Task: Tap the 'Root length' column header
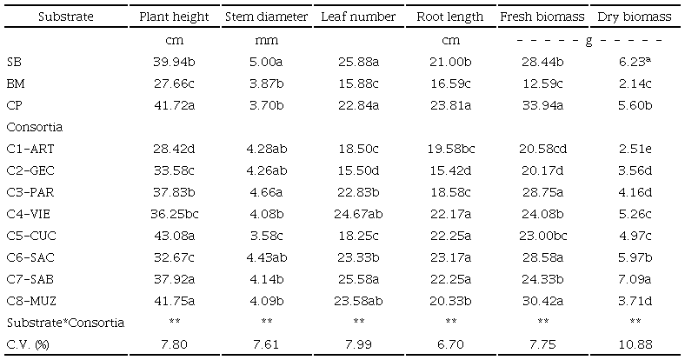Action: click(x=450, y=17)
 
